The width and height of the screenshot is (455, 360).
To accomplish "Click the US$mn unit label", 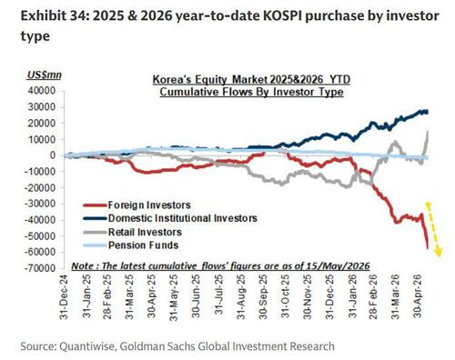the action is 45,75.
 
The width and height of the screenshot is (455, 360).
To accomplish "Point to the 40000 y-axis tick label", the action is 41,91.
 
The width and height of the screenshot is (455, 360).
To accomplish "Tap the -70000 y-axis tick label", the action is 39,268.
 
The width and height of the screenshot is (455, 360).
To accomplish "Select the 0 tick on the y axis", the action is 53,155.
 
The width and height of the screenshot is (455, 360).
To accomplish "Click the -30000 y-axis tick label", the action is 39,204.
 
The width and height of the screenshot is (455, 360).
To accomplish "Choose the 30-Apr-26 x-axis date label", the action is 418,296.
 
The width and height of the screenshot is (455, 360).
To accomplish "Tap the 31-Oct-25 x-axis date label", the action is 285,296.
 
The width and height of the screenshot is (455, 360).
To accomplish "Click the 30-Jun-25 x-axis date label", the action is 197,296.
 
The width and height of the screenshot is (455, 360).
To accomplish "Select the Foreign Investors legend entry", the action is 137,205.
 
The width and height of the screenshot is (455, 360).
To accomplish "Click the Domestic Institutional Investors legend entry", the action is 170,218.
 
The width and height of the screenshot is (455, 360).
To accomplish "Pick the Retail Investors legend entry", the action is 133,232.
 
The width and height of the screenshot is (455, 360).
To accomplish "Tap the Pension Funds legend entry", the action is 131,245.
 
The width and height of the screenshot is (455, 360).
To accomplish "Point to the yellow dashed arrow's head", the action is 439,254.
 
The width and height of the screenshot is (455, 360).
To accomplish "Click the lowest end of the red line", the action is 428,248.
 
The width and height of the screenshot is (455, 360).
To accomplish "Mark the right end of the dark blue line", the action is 428,112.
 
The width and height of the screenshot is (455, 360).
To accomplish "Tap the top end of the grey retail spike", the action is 428,131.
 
